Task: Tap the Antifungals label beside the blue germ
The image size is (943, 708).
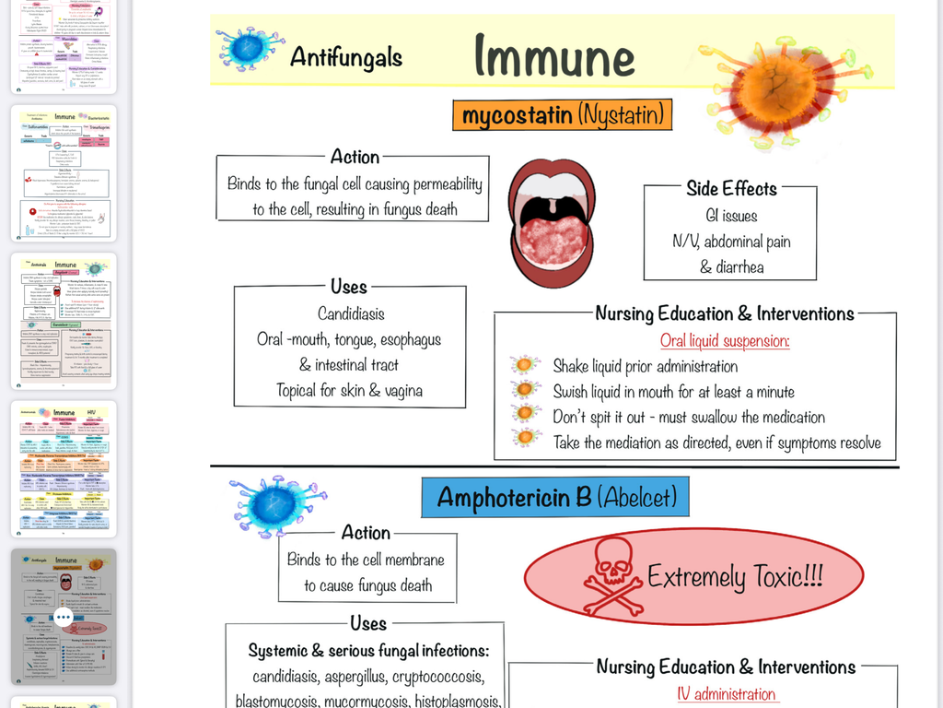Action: point(346,57)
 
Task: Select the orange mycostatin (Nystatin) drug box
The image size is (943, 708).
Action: point(562,115)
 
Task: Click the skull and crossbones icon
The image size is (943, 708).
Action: point(613,576)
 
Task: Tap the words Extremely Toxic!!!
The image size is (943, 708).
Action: point(735,577)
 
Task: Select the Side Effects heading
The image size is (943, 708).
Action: point(731,189)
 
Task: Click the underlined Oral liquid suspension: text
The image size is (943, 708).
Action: point(725,341)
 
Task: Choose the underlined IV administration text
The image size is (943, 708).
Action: point(726,694)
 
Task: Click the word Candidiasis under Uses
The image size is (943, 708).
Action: point(351,313)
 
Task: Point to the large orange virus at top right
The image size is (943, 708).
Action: point(782,90)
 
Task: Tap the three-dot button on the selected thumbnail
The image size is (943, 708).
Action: point(63,616)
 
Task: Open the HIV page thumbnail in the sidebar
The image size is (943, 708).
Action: point(64,468)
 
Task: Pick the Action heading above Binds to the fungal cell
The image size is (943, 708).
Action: point(355,157)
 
